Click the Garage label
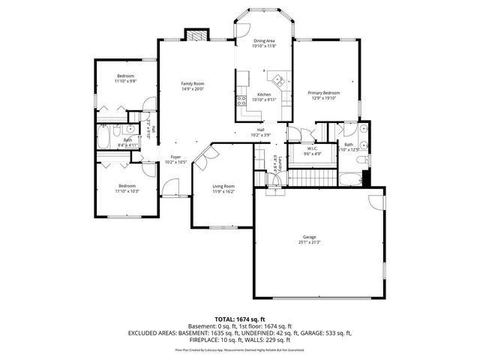click(x=319, y=236)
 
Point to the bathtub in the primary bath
click(x=351, y=178)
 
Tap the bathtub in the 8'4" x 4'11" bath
click(x=104, y=139)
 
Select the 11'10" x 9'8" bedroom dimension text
click(x=125, y=81)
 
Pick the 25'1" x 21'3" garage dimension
click(x=319, y=242)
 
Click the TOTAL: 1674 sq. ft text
click(x=240, y=319)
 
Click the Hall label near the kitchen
click(x=261, y=130)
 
